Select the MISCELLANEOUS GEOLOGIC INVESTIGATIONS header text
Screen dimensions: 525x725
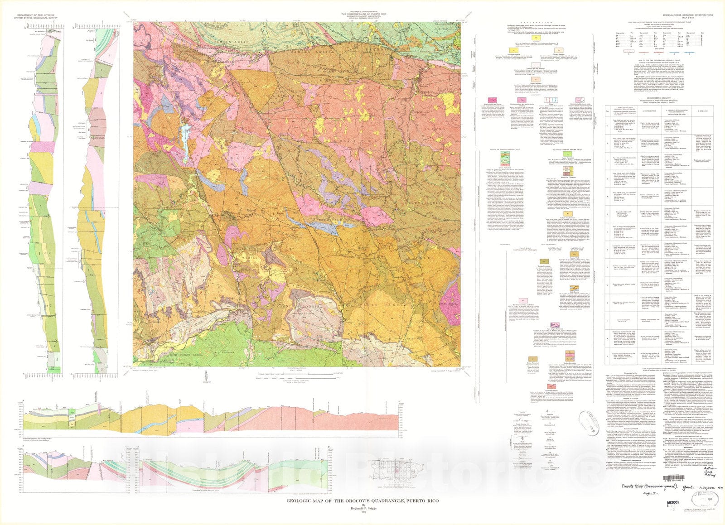tap(685, 15)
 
